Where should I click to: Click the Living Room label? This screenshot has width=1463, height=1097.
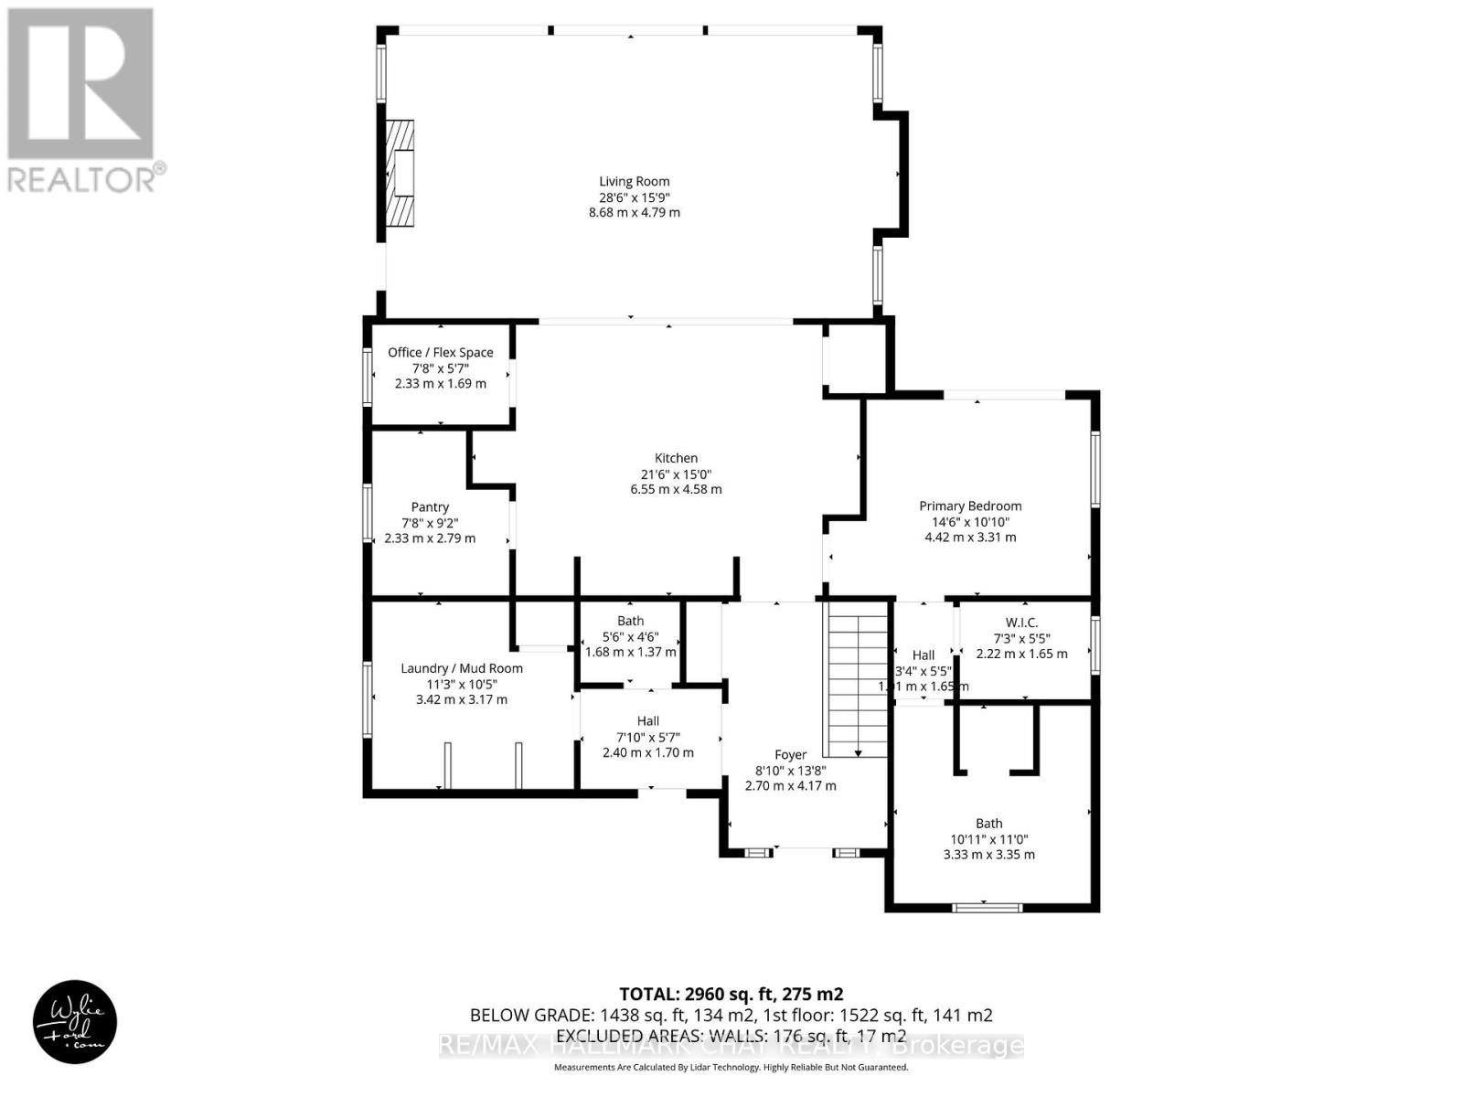coord(634,181)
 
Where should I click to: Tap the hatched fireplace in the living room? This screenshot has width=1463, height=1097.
coord(399,173)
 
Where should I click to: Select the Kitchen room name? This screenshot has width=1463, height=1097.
coord(676,458)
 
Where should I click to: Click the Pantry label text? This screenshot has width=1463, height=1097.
coord(430,506)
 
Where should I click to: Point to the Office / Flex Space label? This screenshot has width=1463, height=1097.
coord(440,352)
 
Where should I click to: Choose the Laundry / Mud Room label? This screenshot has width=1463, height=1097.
coord(462,668)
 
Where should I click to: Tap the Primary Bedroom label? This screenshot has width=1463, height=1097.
coord(970,506)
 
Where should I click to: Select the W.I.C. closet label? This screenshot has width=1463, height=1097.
coord(1021,622)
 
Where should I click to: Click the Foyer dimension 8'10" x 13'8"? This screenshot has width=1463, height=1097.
coord(790,771)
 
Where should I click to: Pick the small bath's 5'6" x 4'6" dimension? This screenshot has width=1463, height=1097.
coord(630,637)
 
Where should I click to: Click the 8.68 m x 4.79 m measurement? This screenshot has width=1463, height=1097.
coord(634,212)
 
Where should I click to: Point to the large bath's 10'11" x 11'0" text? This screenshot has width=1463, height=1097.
coord(988,839)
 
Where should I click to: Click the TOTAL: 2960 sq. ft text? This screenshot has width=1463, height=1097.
coord(731,994)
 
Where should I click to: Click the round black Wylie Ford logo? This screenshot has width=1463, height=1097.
coord(75,1021)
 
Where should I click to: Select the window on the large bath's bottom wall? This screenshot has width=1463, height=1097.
coord(987,907)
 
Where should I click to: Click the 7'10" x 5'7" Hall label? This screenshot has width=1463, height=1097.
coord(647,737)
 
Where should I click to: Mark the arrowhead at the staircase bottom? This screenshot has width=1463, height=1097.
coord(859,753)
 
